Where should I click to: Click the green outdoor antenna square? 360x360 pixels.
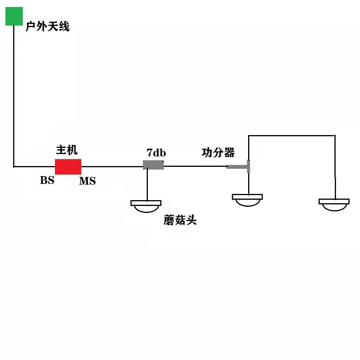pos(14,16)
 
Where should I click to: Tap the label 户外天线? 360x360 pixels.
pos(47,27)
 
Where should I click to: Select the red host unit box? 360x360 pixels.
pos(68,167)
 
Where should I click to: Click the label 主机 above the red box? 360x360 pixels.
pos(67,150)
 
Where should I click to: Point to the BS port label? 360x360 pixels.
pos(47,180)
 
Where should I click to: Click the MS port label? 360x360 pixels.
pos(87,181)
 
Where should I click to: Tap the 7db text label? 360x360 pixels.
pos(156,153)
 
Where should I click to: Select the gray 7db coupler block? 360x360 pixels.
pos(153,165)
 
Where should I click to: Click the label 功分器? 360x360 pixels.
pos(218,153)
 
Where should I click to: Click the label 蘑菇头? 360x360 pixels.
pos(180,221)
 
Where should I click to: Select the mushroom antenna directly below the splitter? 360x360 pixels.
pos(247,199)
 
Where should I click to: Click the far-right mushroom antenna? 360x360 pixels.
pos(334,204)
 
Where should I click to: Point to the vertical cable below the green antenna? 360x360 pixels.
pos(14,97)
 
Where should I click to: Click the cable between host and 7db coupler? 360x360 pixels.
pos(112,167)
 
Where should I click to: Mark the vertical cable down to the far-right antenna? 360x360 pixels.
pos(335,166)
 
